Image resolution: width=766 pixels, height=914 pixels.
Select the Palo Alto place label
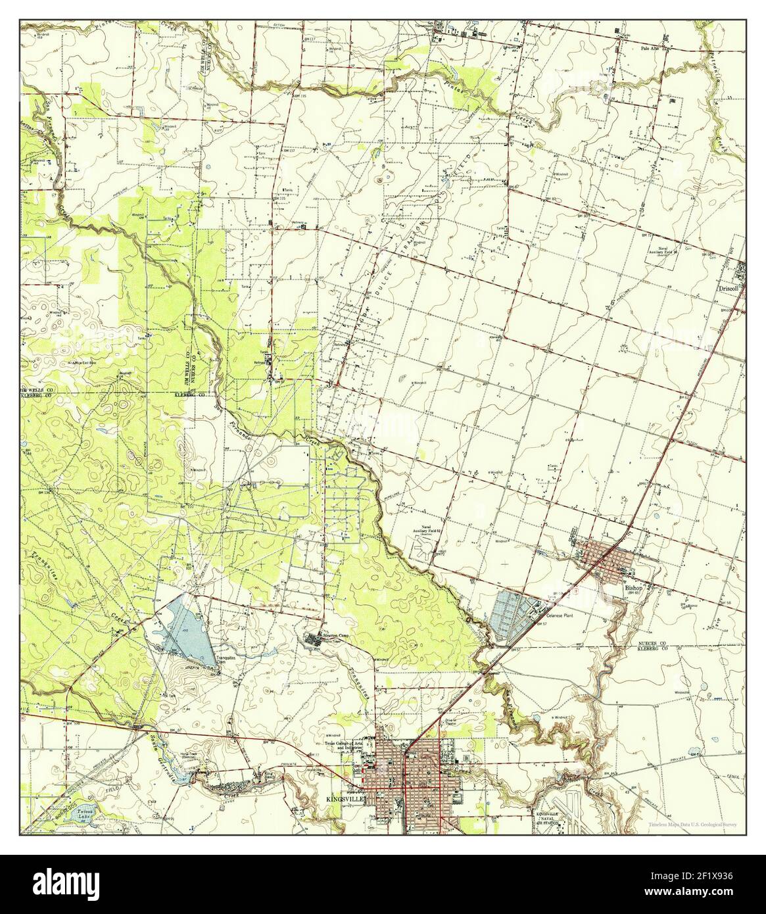[x=652, y=49]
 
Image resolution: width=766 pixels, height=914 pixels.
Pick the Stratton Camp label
[x=333, y=635]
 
